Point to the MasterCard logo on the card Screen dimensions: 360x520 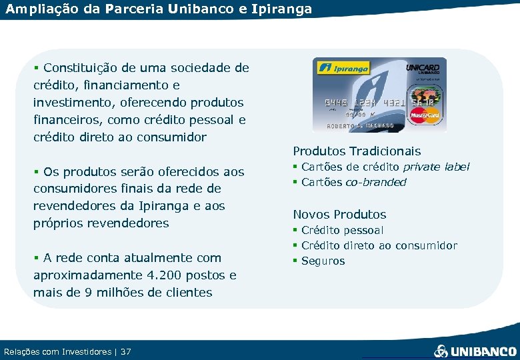425,115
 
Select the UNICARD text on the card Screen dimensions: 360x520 423,67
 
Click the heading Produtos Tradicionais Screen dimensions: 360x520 357,151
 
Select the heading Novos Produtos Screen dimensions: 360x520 339,215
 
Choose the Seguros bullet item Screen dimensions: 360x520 323,261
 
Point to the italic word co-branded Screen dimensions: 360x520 375,182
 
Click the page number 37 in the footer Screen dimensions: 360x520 126,351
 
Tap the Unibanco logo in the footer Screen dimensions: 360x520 475,351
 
